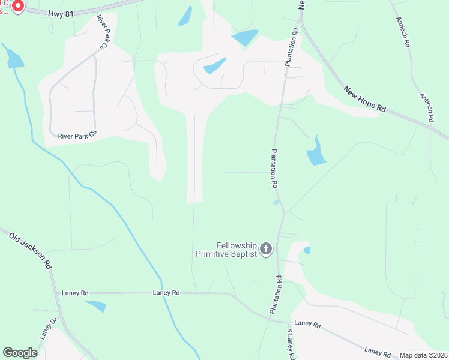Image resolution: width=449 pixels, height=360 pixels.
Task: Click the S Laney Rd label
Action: point(291,343)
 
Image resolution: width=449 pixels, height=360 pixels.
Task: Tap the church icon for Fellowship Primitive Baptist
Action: point(266,248)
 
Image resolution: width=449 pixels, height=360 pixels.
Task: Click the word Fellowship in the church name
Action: point(236,245)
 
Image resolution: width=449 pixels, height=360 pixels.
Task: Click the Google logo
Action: point(20,352)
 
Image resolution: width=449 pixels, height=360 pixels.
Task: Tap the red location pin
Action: point(17,7)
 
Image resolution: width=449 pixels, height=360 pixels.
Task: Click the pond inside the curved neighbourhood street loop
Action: point(214,65)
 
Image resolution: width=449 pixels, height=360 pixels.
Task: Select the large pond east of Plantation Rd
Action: point(316,153)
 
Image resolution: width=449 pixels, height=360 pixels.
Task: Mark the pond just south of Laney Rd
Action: point(95,306)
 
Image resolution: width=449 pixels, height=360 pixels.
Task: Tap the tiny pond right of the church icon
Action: point(307,250)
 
